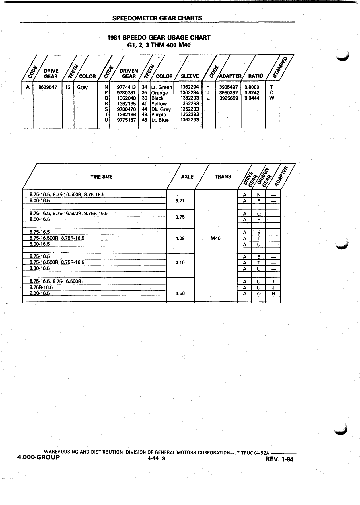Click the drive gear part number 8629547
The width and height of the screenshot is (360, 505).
pos(48,87)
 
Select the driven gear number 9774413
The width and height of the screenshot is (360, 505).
pos(126,87)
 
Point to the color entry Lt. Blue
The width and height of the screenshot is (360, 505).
pos(160,120)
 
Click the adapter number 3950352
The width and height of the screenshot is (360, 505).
pos(228,92)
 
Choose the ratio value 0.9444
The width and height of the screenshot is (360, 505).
pos(252,98)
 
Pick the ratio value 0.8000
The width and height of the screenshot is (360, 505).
pos(252,87)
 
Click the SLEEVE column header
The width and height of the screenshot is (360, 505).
pos(190,76)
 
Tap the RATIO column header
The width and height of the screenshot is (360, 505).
pos(256,76)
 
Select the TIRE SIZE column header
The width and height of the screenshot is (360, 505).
pos(102,177)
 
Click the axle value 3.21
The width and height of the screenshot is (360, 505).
pos(180,201)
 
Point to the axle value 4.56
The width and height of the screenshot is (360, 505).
pos(180,293)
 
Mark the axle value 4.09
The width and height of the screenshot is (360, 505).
pos(180,238)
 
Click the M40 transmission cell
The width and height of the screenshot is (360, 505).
pos(215,238)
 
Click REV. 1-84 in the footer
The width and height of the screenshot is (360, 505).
pos(280,460)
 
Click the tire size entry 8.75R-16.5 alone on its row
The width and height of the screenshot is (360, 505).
pos(41,287)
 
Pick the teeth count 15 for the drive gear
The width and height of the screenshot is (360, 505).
pos(67,87)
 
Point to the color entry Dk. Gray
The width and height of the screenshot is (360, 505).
pos(161,109)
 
